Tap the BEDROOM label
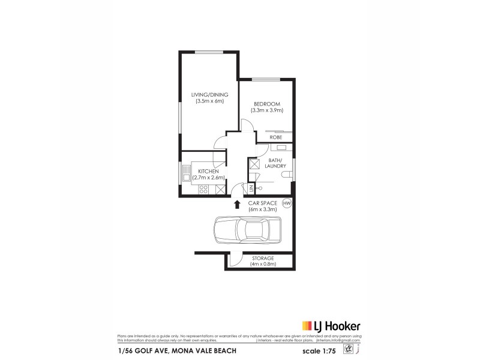(267, 104)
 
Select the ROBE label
(276, 137)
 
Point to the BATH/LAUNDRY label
(276, 163)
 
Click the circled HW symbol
(287, 203)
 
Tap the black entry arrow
(236, 205)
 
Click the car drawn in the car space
(247, 229)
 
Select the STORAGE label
(263, 257)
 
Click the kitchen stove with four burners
(203, 190)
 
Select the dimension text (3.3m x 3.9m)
(267, 110)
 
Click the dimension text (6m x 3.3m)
(263, 209)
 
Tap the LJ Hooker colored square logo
(305, 326)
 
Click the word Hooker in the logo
(344, 326)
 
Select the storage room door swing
(236, 260)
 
